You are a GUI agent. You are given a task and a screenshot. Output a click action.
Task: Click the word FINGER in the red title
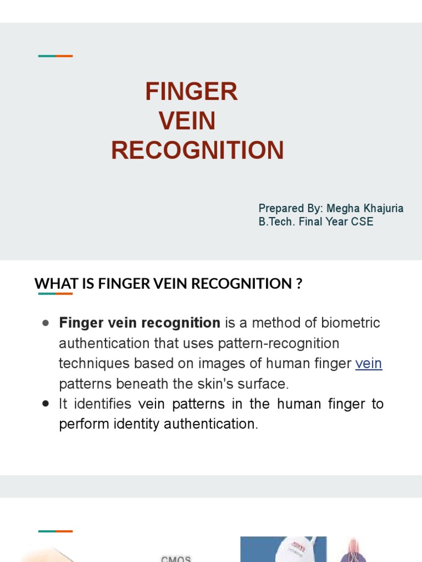pos(191,92)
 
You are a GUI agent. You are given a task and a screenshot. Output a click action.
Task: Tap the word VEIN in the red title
pos(187,121)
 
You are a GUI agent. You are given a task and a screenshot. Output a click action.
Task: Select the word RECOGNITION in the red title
pos(197,150)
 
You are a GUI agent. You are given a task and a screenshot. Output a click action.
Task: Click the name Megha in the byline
pos(342,209)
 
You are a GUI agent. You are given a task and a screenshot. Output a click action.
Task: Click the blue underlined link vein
pos(369,363)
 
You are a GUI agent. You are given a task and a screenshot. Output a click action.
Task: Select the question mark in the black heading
pos(299,284)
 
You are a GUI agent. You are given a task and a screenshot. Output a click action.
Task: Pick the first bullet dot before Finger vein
pos(46,323)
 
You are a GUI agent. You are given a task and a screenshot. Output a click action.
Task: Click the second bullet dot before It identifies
pos(46,403)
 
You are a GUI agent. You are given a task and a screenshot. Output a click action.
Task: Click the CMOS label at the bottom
pos(176,559)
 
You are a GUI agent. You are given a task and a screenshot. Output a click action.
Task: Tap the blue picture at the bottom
pos(284,549)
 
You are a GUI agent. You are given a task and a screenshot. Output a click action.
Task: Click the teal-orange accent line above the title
pos(55,56)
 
